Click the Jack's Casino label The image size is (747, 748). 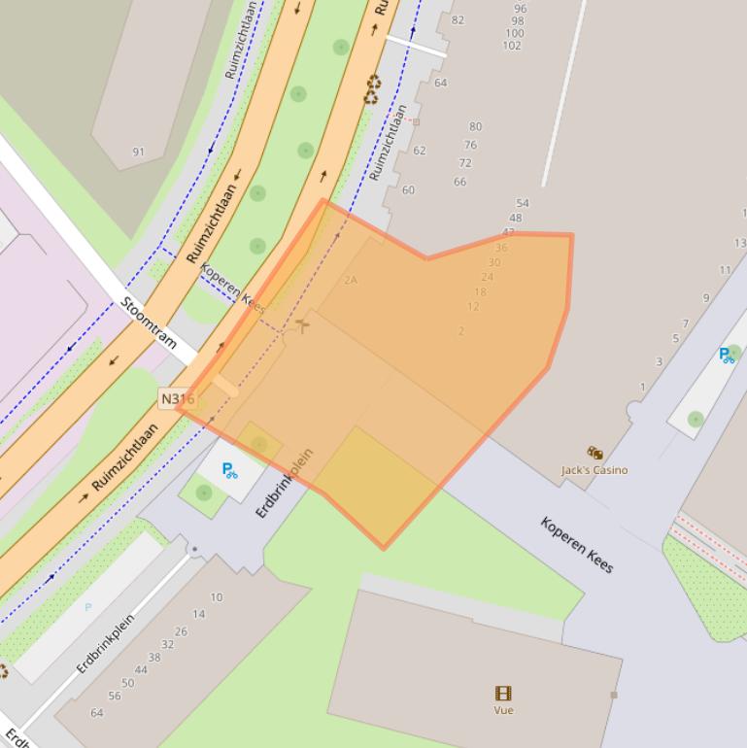[594, 470]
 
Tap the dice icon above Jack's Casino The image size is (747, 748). [594, 453]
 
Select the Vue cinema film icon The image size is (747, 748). [503, 694]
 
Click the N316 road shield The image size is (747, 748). [177, 398]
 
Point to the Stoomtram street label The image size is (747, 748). [149, 323]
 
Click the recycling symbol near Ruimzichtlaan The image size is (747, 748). [373, 91]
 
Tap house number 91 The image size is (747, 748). [138, 152]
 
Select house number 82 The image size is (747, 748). [458, 20]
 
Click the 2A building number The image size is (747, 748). [351, 280]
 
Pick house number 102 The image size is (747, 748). [512, 46]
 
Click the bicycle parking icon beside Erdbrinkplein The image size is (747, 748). [230, 471]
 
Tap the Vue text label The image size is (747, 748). [503, 710]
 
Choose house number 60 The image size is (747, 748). [408, 190]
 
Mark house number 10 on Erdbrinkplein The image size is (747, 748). [216, 597]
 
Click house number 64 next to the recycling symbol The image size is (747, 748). [440, 84]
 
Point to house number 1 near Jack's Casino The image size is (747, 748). [642, 388]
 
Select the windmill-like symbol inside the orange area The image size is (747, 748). [303, 324]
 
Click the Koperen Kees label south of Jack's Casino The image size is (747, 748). [577, 545]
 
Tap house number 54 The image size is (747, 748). [523, 204]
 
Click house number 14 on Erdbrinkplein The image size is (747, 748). [198, 614]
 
